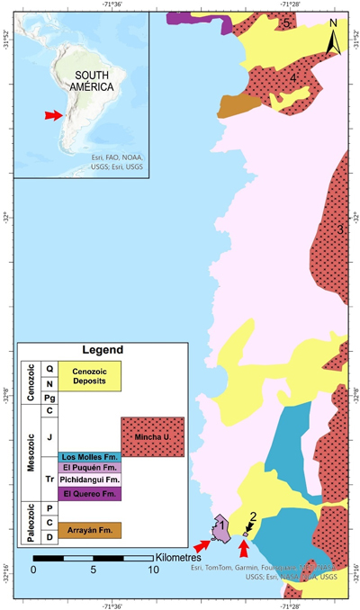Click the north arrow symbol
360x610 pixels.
(x=333, y=41)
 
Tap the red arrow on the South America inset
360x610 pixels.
(x=55, y=115)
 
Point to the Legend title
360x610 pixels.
(x=101, y=350)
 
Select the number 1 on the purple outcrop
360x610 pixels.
(x=219, y=524)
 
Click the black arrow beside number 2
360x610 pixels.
(x=249, y=529)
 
